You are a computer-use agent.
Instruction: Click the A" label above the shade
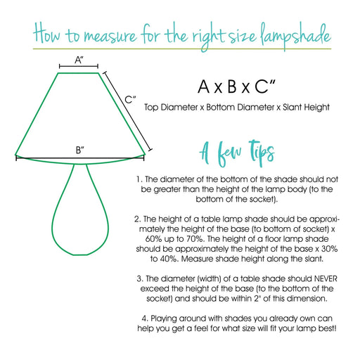(x=79, y=61)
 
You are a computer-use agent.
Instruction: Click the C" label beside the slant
(x=130, y=100)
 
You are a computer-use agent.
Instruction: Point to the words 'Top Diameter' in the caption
(x=168, y=108)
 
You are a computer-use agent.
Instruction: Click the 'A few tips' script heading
(x=237, y=151)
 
